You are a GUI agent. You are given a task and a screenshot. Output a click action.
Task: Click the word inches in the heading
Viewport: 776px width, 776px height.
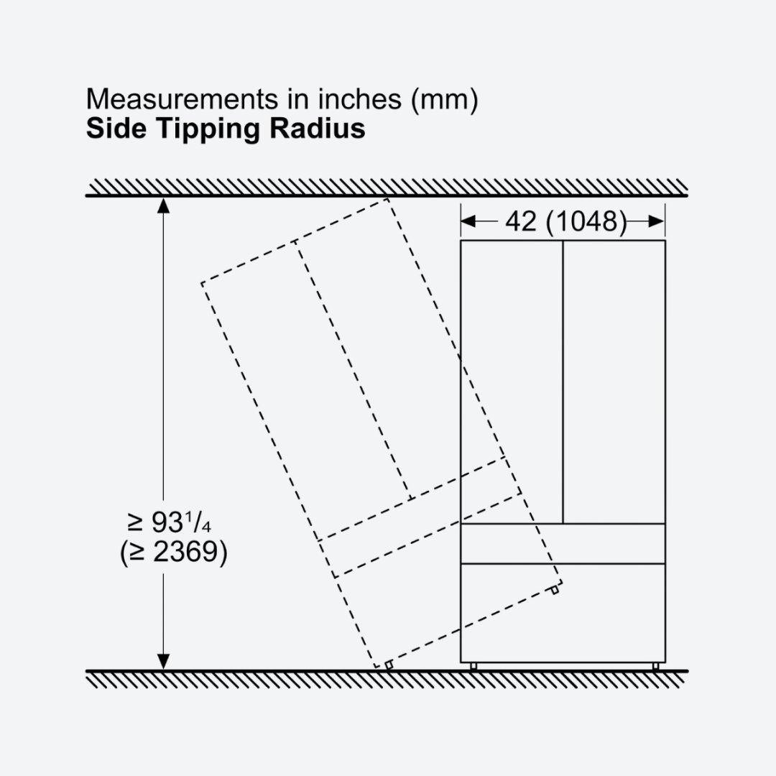tap(360, 98)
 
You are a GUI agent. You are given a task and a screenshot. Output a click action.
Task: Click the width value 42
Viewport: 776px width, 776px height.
tap(521, 221)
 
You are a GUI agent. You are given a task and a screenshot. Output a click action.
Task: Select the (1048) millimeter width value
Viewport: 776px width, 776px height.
tap(586, 222)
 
